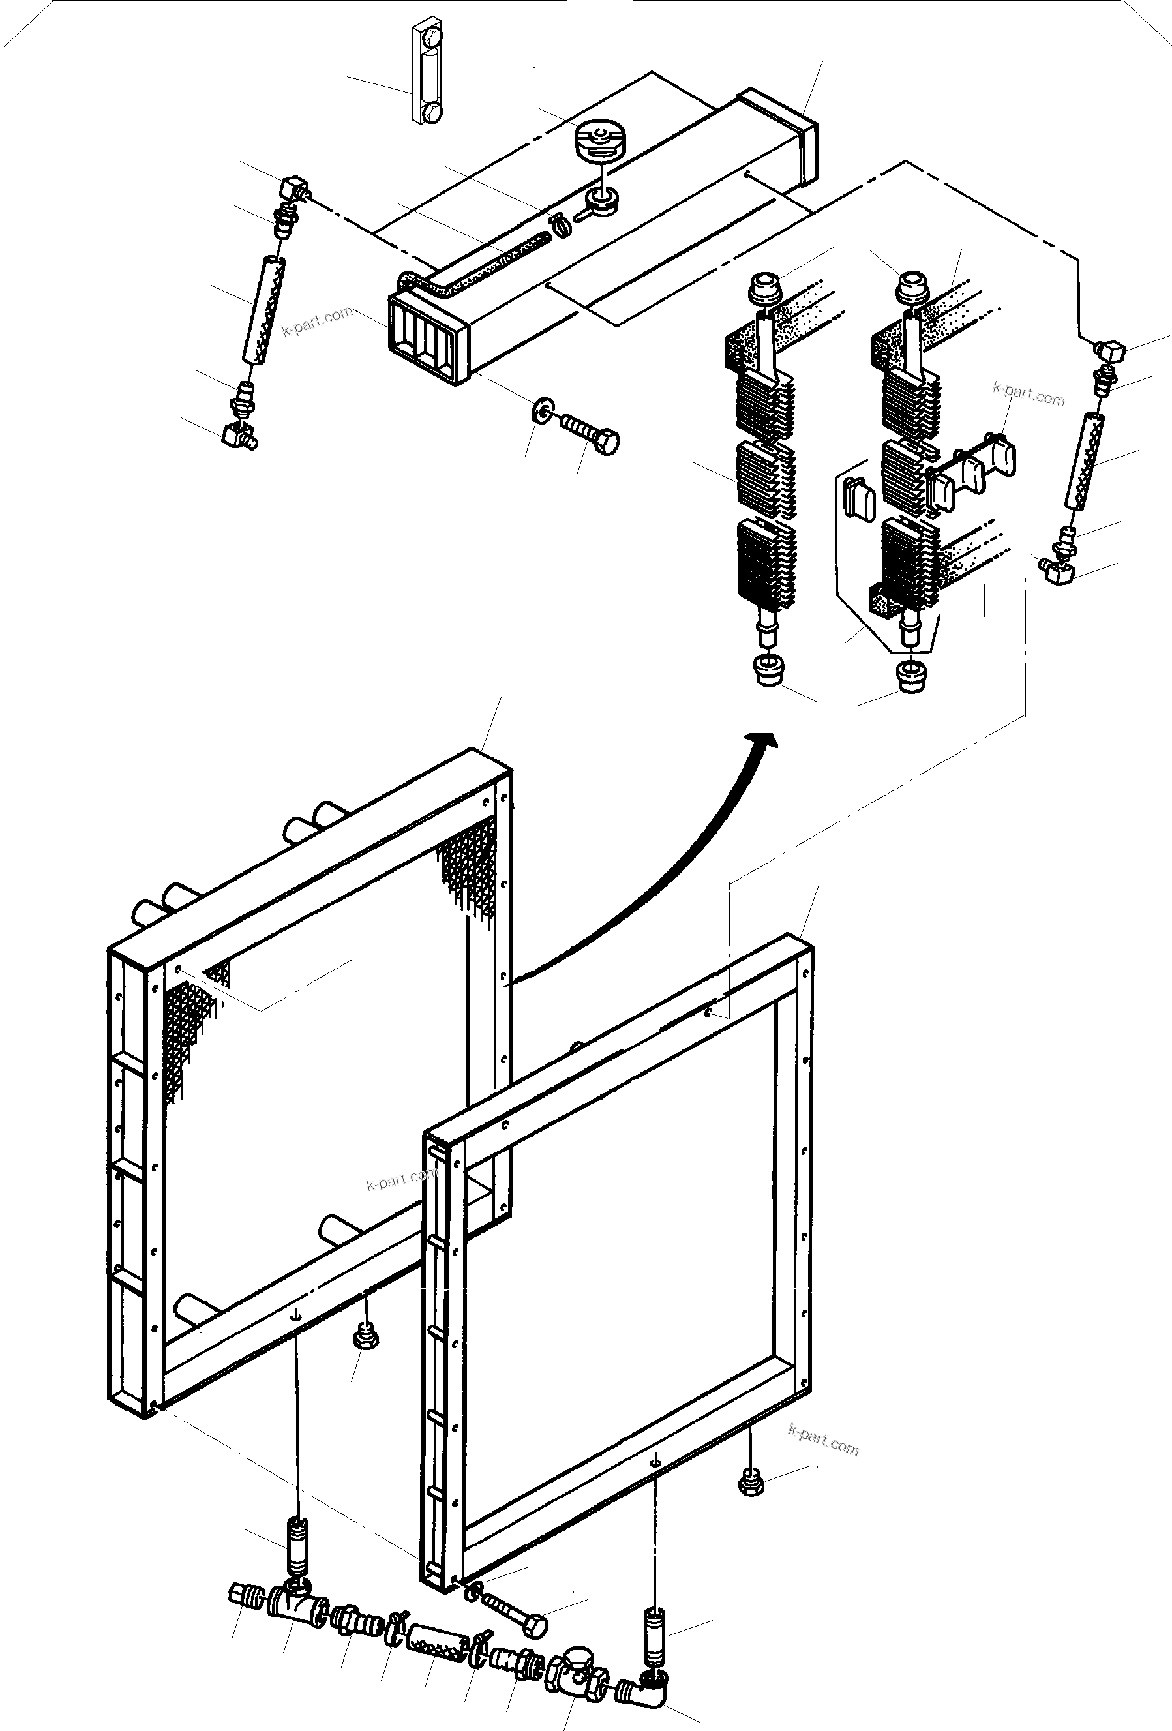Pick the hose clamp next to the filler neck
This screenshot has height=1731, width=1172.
(x=560, y=222)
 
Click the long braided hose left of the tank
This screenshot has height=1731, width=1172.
(x=265, y=309)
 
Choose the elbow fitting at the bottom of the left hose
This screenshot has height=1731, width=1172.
(x=239, y=434)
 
